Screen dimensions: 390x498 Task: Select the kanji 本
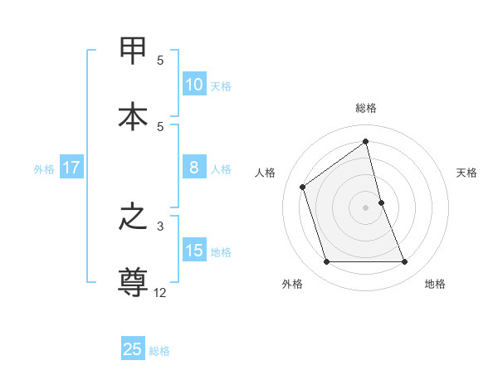pos(134,116)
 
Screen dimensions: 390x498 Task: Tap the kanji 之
pos(134,217)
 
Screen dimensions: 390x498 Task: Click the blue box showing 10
pos(193,85)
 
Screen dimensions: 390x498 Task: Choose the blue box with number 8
pos(193,168)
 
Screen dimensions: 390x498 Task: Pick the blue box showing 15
pos(193,251)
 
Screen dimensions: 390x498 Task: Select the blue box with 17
pos(71,168)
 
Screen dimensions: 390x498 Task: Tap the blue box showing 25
pos(133,349)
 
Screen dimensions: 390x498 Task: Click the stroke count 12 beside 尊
pos(160,292)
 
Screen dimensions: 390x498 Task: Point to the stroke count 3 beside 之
pos(160,225)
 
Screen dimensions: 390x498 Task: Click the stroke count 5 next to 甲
pos(160,60)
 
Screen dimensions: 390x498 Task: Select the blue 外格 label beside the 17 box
pos(44,169)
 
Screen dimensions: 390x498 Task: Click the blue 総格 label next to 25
pos(159,351)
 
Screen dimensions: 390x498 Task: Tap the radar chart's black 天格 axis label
pos(467,173)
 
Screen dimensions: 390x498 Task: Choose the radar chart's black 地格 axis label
pos(435,284)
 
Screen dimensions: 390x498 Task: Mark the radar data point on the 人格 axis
pos(303,187)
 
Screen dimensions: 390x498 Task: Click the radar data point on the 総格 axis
pos(365,142)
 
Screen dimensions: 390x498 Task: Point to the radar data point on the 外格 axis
pos(326,262)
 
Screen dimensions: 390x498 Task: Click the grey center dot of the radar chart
pos(365,207)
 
